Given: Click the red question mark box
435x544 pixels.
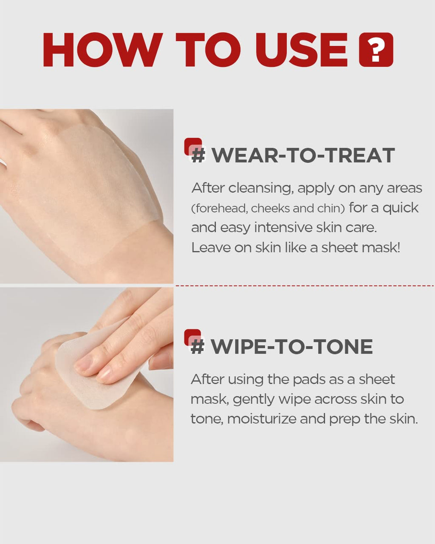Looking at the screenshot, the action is tap(376, 50).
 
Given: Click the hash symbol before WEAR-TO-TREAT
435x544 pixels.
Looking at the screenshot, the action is tap(198, 155).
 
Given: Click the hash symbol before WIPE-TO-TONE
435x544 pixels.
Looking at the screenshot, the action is tap(198, 346).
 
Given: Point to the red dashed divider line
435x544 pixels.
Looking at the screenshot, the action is tap(305, 286).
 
